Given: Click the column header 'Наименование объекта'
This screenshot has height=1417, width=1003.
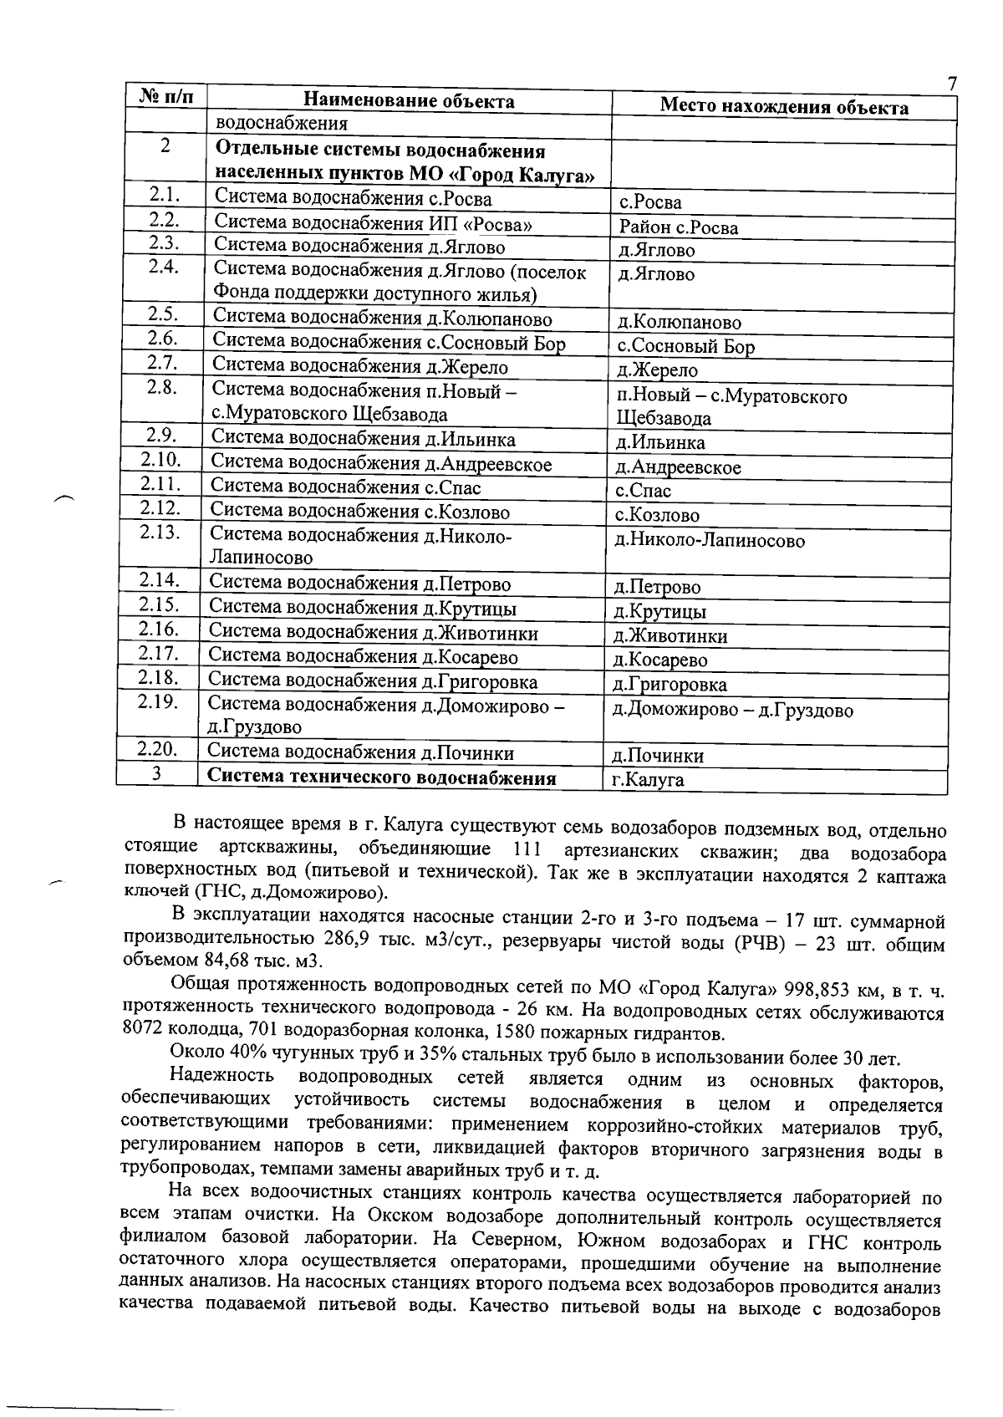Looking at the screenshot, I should pyautogui.click(x=408, y=101).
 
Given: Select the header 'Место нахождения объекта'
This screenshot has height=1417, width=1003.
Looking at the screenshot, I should pyautogui.click(x=784, y=106).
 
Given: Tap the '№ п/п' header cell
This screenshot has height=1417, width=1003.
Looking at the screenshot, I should pyautogui.click(x=165, y=96).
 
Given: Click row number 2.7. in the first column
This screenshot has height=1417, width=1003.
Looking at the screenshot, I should pyautogui.click(x=162, y=363).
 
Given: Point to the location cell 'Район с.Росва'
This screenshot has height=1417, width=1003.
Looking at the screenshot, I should pyautogui.click(x=678, y=227).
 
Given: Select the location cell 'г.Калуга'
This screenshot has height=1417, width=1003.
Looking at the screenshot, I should pyautogui.click(x=648, y=780).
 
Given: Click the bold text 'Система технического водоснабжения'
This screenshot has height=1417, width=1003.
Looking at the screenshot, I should pyautogui.click(x=381, y=777).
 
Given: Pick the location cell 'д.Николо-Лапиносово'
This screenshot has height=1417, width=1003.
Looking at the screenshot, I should pyautogui.click(x=710, y=541).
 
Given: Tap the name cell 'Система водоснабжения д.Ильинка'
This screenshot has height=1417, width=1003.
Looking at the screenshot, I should pyautogui.click(x=363, y=439).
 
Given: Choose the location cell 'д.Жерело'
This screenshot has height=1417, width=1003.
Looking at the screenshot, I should pyautogui.click(x=657, y=370).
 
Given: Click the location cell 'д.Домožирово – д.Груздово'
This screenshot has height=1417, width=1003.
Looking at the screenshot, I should pyautogui.click(x=732, y=711).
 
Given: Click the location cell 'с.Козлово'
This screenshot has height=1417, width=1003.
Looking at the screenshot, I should pyautogui.click(x=657, y=516).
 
